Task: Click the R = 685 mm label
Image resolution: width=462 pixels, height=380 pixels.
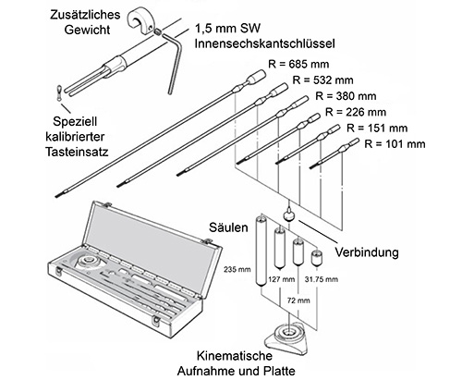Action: pyautogui.click(x=298, y=64)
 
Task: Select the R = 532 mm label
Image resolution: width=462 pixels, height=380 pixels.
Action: pyautogui.click(x=322, y=80)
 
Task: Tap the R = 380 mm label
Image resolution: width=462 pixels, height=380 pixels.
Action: pyautogui.click(x=346, y=96)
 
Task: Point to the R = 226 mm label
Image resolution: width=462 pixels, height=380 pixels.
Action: pyautogui.click(x=356, y=112)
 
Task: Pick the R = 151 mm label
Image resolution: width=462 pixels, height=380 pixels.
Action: pyautogui.click(x=377, y=128)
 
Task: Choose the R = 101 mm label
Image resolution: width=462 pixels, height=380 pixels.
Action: pyautogui.click(x=395, y=144)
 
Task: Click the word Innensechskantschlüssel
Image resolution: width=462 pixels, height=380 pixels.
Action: pyautogui.click(x=264, y=43)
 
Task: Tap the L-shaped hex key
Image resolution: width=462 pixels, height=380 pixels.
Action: pyautogui.click(x=173, y=61)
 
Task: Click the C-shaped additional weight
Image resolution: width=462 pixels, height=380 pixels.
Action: pyautogui.click(x=140, y=21)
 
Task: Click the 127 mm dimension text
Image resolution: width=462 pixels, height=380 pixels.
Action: pyautogui.click(x=282, y=279)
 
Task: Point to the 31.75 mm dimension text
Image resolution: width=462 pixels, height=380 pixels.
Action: pyautogui.click(x=322, y=279)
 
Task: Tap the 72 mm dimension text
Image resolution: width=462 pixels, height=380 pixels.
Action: pyautogui.click(x=298, y=300)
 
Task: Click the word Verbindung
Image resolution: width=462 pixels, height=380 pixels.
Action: pyautogui.click(x=367, y=252)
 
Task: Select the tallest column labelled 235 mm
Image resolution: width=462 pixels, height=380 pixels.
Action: pyautogui.click(x=261, y=250)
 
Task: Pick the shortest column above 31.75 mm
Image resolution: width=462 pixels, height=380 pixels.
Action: pyautogui.click(x=317, y=258)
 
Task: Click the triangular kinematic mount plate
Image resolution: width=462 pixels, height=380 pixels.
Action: pyautogui.click(x=287, y=338)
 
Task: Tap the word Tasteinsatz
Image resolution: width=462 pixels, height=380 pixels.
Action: pyautogui.click(x=77, y=152)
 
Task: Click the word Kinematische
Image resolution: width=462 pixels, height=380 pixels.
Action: pyautogui.click(x=235, y=356)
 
